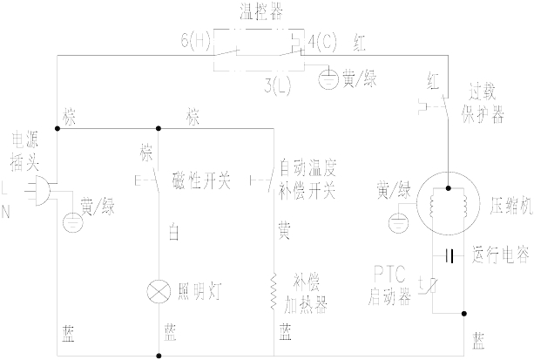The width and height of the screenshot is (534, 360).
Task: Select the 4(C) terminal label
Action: coord(322,41)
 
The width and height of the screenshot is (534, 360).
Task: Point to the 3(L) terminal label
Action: coord(280,85)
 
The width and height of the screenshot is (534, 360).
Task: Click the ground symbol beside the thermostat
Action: coord(328,79)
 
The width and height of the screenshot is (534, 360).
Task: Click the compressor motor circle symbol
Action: coord(448,207)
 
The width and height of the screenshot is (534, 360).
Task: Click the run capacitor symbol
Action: coord(448,256)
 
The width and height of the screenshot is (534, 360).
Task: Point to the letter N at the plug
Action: coord(7,210)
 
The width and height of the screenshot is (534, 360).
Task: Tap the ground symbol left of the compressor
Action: coord(397,221)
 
